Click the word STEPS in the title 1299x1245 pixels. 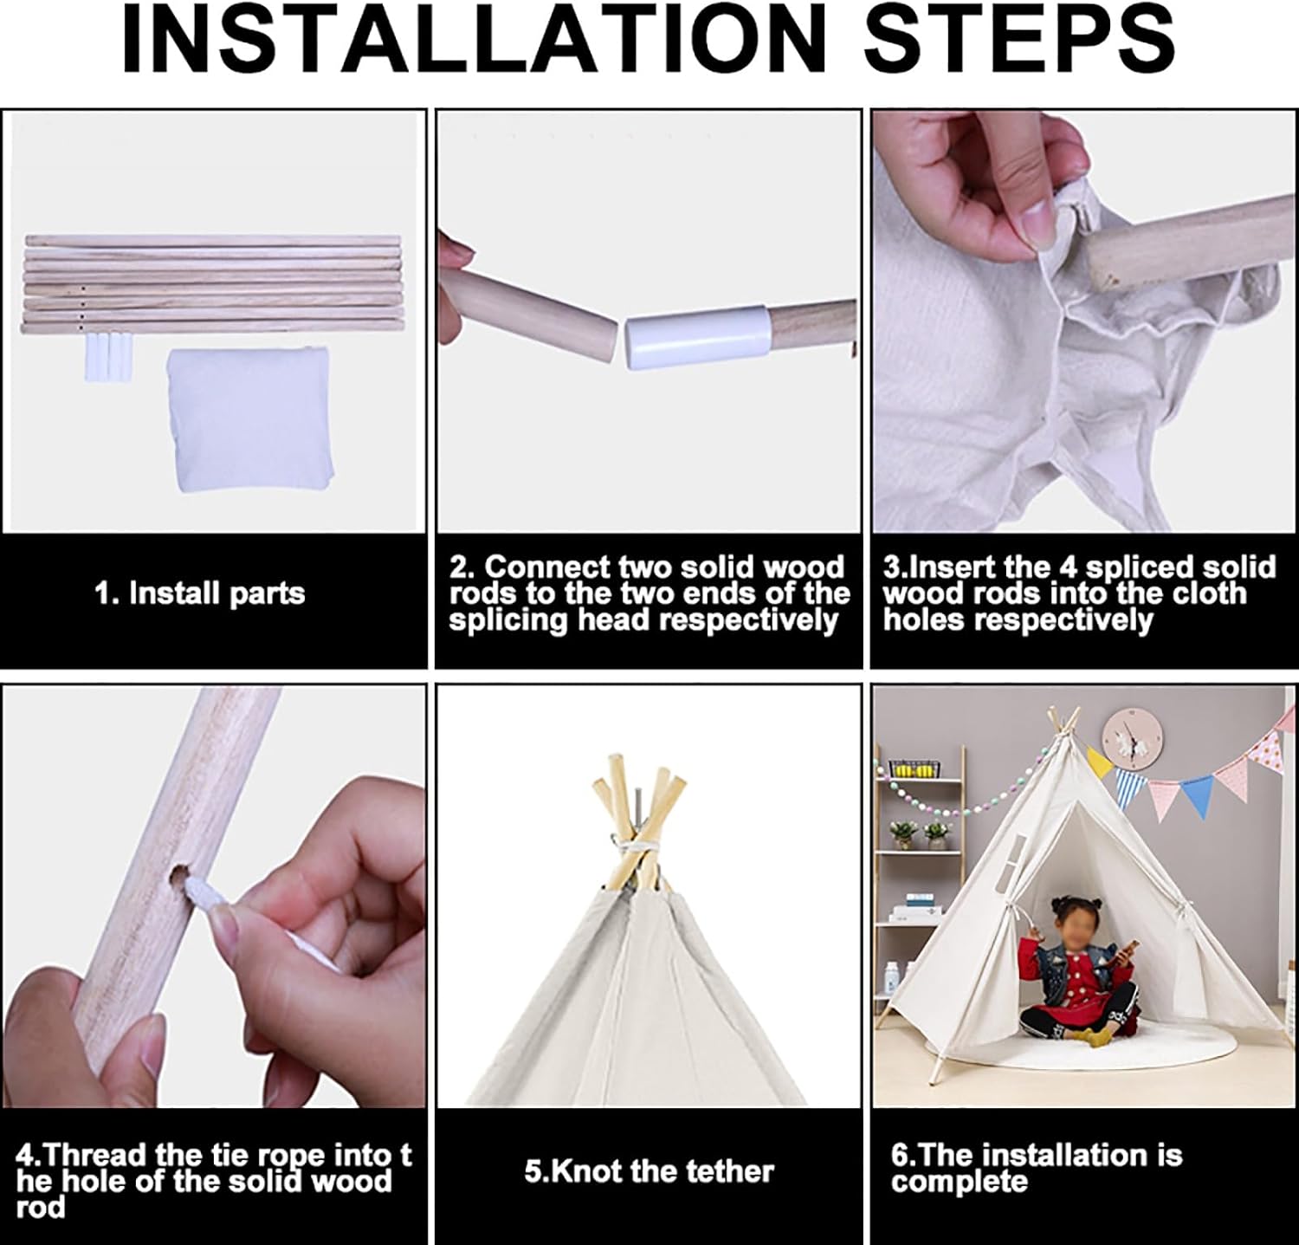[x=1020, y=41]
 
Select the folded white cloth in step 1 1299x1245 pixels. [x=249, y=421]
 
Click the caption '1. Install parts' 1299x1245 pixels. [x=200, y=593]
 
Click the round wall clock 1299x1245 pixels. [x=1130, y=740]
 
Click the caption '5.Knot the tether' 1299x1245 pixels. [x=649, y=1171]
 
